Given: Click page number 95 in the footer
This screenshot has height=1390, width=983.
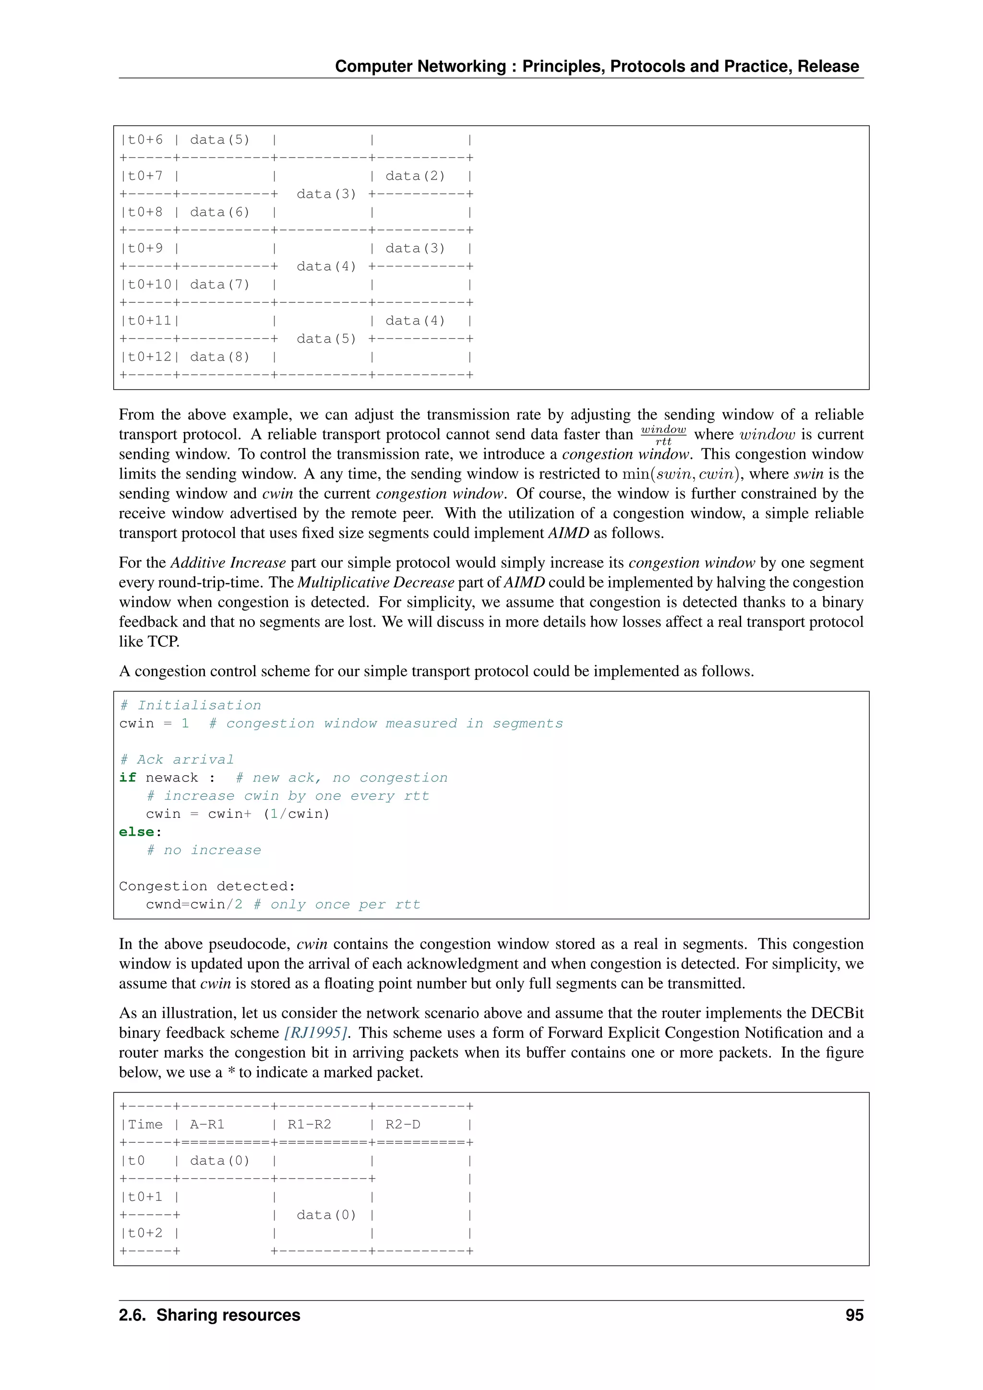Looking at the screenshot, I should pyautogui.click(x=854, y=1315).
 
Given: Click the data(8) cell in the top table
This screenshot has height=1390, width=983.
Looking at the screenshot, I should pyautogui.click(x=220, y=357).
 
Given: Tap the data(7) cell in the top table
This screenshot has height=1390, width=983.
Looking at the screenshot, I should pyautogui.click(x=220, y=285).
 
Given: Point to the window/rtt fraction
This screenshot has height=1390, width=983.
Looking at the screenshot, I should pyautogui.click(x=663, y=435).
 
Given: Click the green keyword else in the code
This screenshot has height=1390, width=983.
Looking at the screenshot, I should pyautogui.click(x=137, y=832).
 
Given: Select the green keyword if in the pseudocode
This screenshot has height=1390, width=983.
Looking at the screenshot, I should pyautogui.click(x=127, y=778).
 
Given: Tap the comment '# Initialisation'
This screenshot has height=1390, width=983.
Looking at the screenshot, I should pyautogui.click(x=191, y=705).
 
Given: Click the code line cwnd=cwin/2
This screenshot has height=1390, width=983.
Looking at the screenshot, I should pyautogui.click(x=194, y=904).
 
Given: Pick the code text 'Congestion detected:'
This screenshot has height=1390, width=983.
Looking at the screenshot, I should pyautogui.click(x=207, y=887).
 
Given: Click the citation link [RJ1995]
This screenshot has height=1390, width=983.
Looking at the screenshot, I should pyautogui.click(x=315, y=1033).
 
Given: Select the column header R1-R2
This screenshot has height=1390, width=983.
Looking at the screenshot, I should pyautogui.click(x=309, y=1124).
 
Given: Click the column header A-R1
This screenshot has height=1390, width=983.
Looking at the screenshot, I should pyautogui.click(x=207, y=1124).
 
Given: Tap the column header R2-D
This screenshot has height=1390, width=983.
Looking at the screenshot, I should pyautogui.click(x=403, y=1124).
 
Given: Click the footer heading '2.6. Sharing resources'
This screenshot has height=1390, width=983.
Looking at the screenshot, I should pyautogui.click(x=209, y=1315).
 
